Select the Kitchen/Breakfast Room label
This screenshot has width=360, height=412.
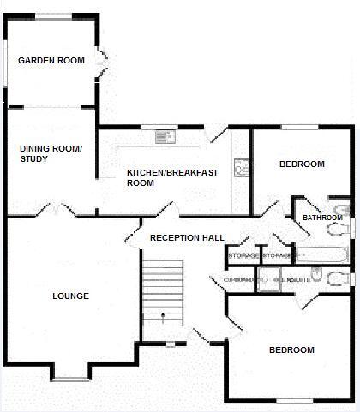171,177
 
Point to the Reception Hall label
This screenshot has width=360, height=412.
186,237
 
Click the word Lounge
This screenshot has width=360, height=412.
70,296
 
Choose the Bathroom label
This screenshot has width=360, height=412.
322,218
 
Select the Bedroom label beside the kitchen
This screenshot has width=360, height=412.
302,164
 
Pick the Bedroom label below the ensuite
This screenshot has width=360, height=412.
291,349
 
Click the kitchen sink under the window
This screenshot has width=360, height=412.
163,136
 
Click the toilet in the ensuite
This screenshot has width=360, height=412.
336,277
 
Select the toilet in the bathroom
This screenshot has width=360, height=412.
342,210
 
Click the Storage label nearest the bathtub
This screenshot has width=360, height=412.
276,255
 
